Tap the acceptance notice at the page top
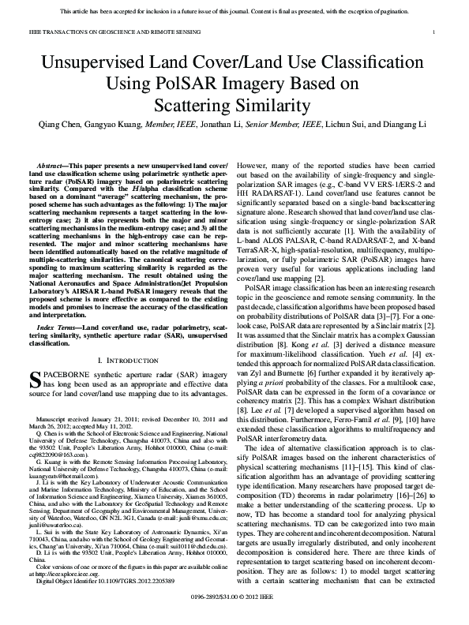[234, 11]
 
